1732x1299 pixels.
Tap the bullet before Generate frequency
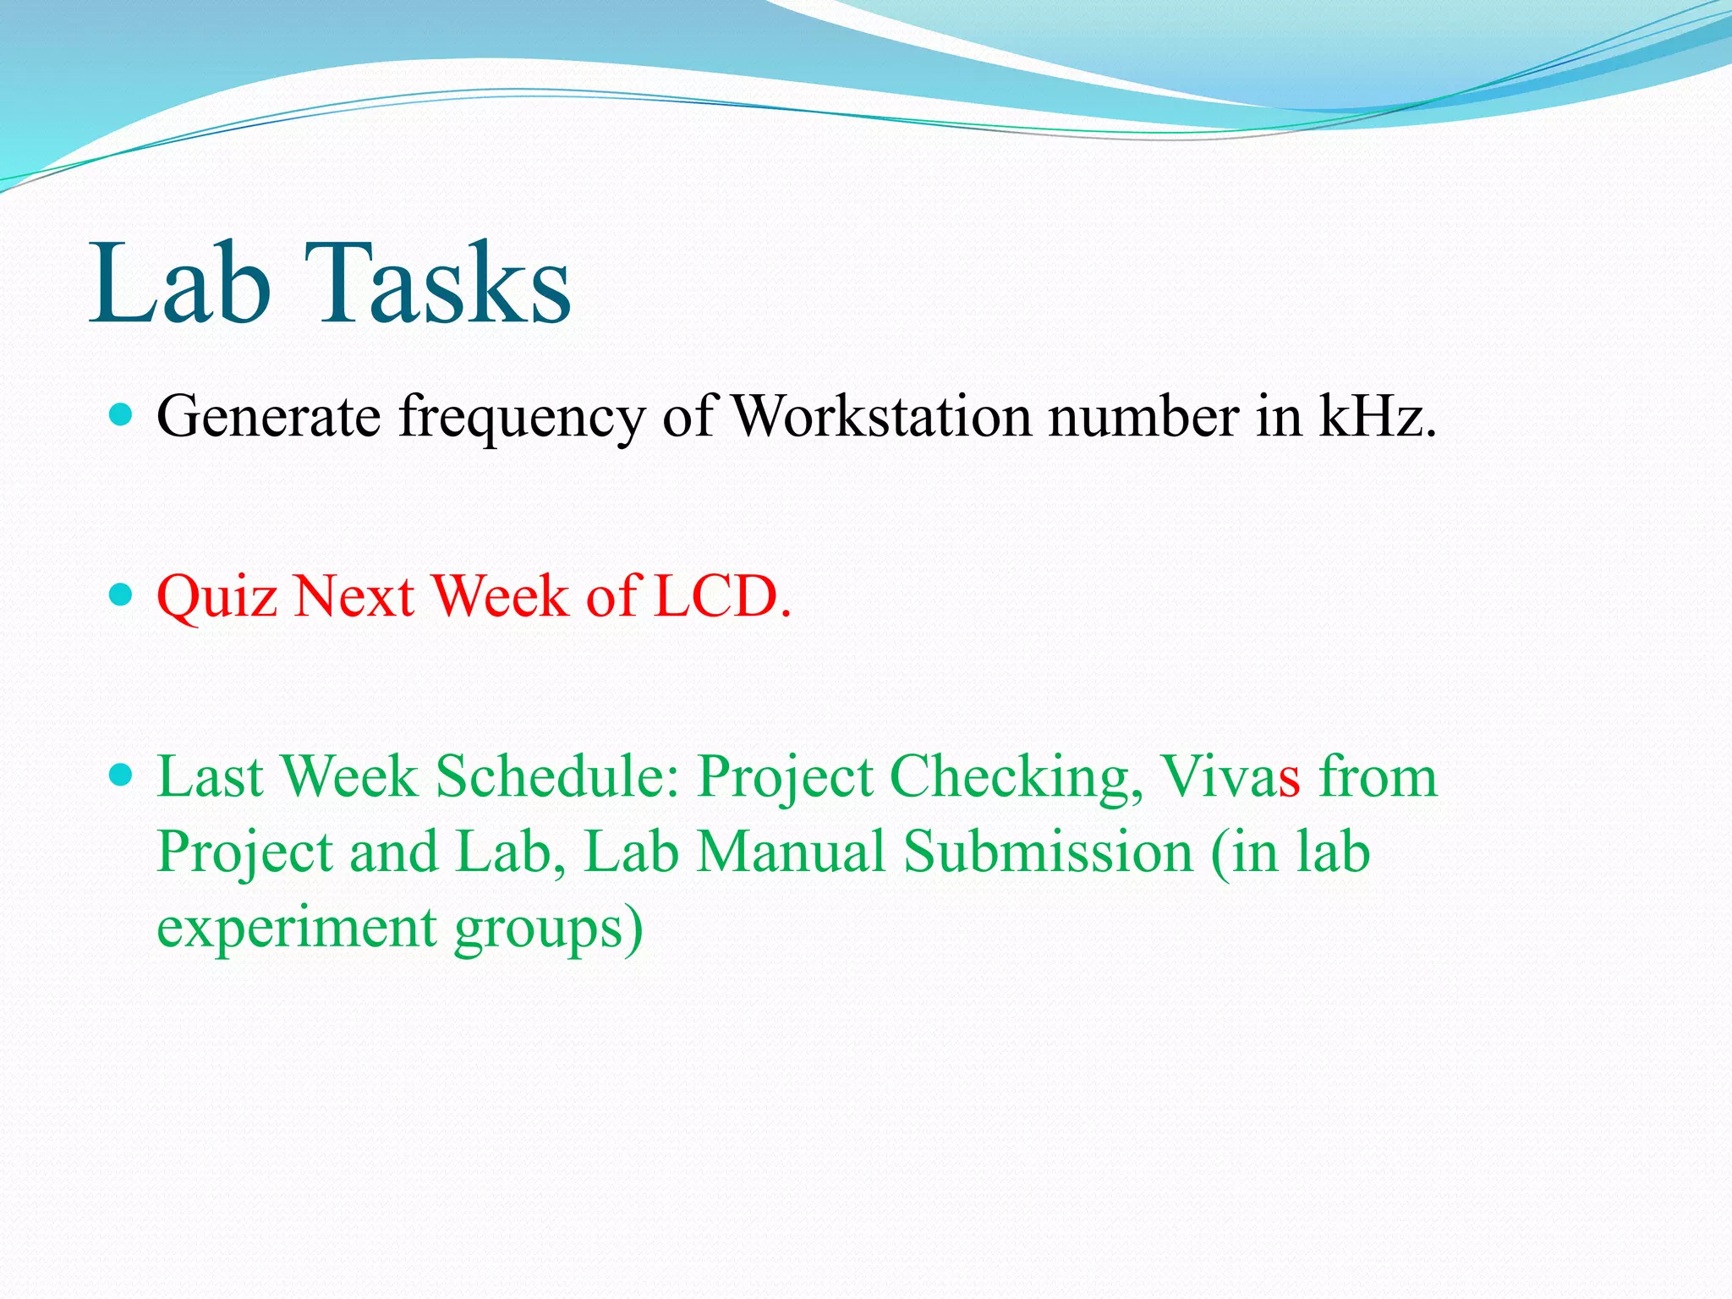click(x=122, y=414)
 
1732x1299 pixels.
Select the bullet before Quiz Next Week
click(x=122, y=595)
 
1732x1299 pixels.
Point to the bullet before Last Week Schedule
click(x=122, y=775)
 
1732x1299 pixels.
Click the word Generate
click(x=268, y=416)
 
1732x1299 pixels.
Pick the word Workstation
click(x=880, y=416)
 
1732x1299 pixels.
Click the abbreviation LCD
click(x=723, y=596)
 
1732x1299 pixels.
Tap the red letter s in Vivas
click(x=1289, y=780)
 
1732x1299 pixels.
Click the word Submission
click(x=1048, y=852)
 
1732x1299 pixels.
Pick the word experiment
click(x=296, y=929)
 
